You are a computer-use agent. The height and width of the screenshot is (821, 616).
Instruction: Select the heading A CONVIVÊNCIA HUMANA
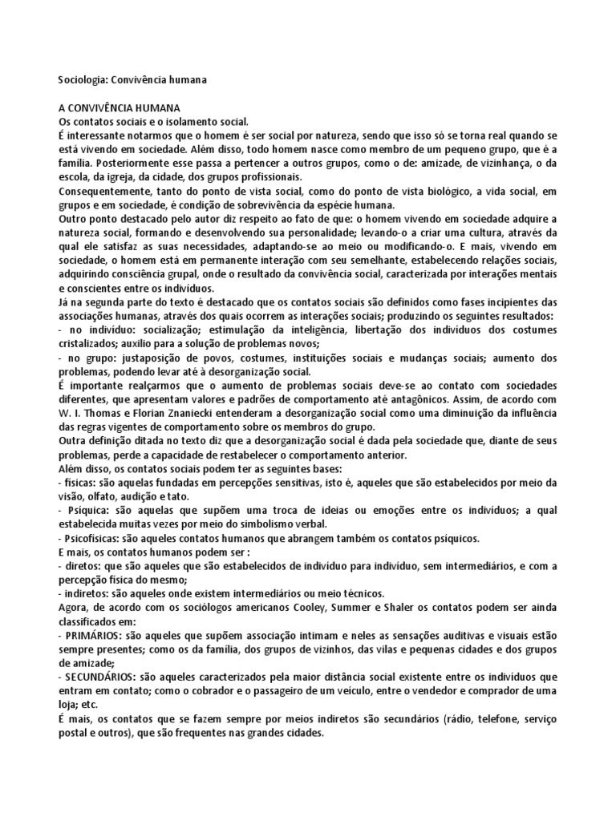coord(120,107)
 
